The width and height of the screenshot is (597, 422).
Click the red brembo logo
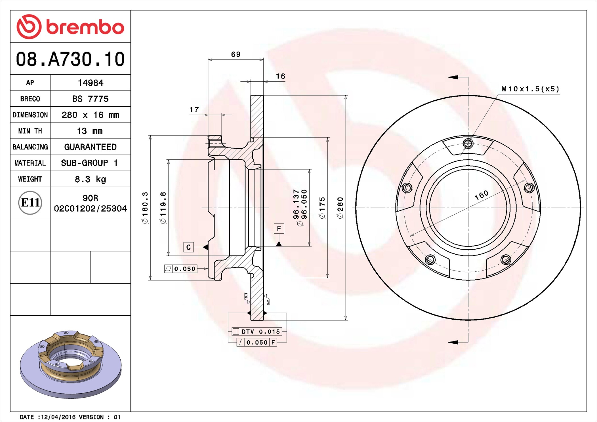[x=70, y=27]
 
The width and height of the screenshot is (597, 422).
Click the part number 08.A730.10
[x=70, y=59]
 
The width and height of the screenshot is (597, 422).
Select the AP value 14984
[x=90, y=83]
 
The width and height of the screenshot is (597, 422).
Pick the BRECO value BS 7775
[x=90, y=99]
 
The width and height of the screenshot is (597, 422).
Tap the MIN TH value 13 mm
[x=90, y=131]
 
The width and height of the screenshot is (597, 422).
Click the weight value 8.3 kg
[x=90, y=179]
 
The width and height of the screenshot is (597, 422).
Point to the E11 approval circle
[x=30, y=202]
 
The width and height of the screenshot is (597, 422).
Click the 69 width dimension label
[x=236, y=54]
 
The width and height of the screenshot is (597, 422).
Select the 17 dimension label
[x=194, y=109]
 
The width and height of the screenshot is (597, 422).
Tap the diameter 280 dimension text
[x=340, y=208]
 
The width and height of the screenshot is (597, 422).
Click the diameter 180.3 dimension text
[x=145, y=208]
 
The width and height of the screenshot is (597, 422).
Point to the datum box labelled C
[x=188, y=247]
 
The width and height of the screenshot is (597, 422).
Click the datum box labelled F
[x=279, y=229]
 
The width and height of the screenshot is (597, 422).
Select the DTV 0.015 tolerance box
[x=257, y=332]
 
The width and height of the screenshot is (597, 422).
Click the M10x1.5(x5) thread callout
[x=530, y=89]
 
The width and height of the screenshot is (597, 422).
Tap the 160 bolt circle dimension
[x=482, y=195]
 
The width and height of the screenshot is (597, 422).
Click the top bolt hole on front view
[x=468, y=144]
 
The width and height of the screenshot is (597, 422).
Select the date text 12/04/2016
[x=58, y=417]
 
